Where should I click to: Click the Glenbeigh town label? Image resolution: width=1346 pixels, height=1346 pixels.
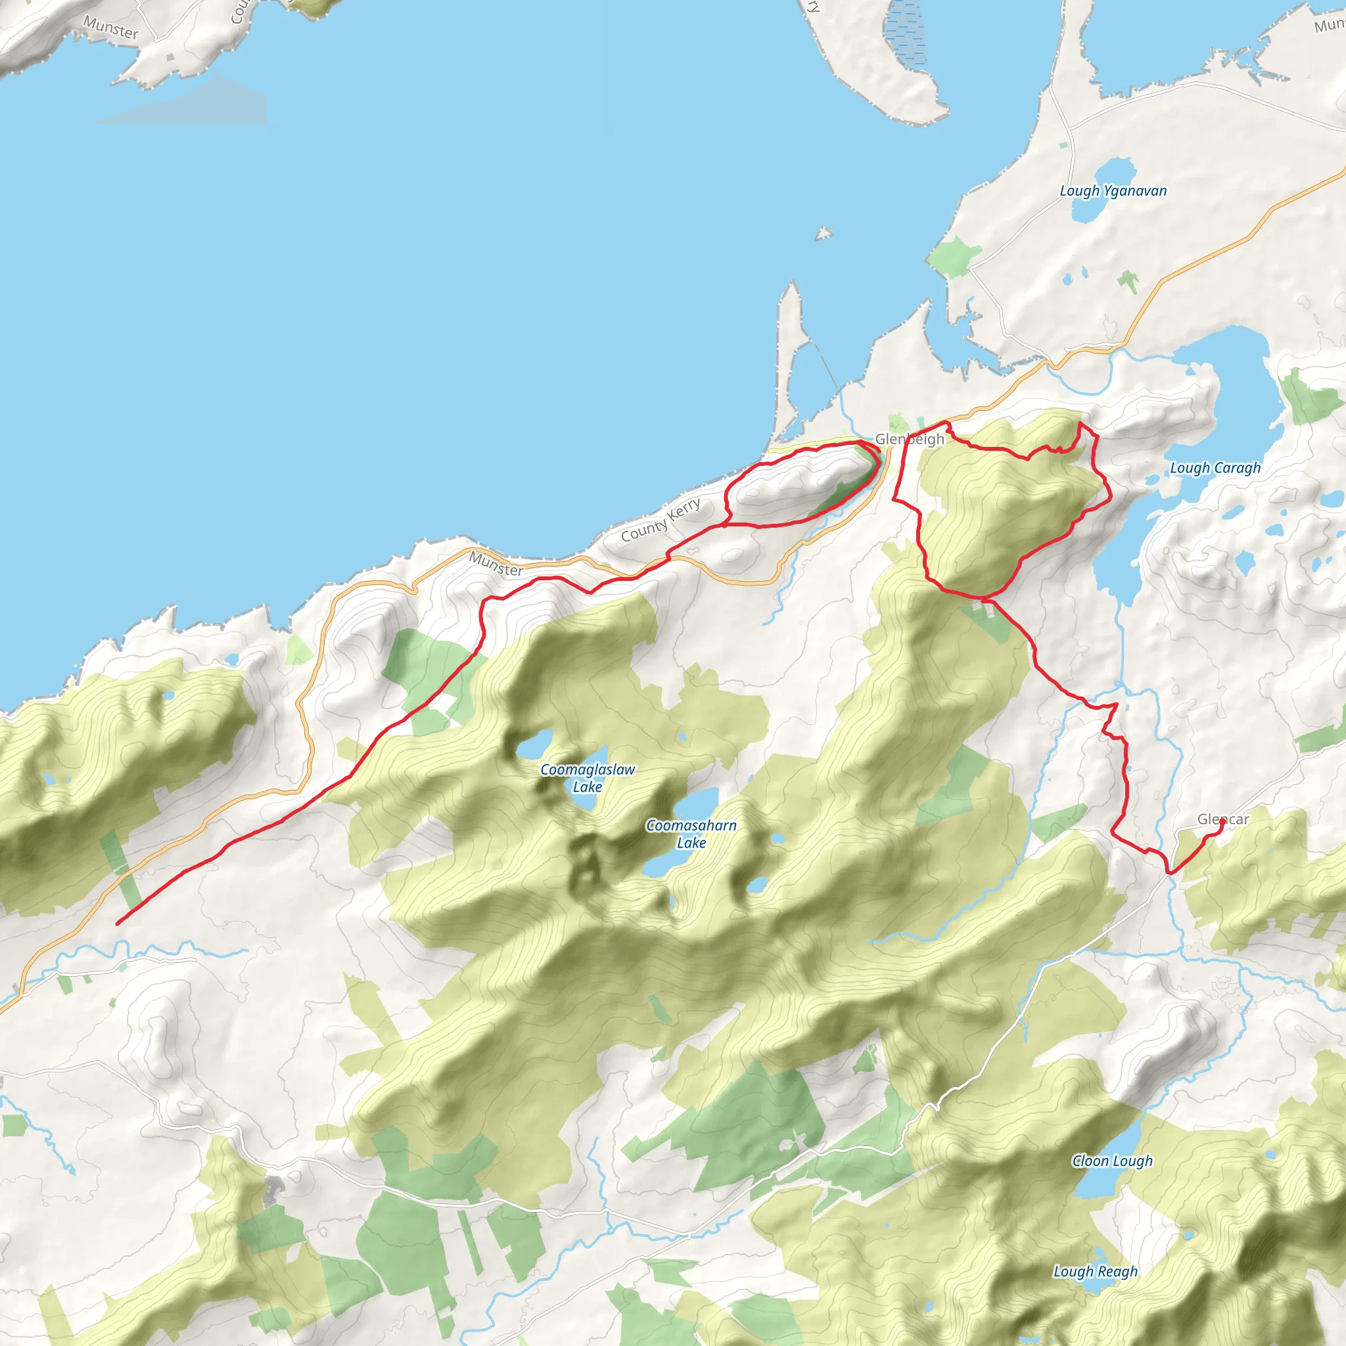pos(909,439)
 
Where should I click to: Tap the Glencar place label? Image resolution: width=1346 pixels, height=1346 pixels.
pos(1222,820)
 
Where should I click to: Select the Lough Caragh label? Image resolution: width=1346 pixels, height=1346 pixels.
pos(1215,467)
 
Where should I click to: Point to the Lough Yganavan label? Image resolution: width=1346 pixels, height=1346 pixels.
pos(1113,190)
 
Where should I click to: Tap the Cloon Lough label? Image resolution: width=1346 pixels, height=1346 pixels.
pos(1112,1161)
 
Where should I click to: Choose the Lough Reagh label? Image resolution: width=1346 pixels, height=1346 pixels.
pos(1095,1272)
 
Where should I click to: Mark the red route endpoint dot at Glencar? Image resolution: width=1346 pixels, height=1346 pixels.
pos(1222,822)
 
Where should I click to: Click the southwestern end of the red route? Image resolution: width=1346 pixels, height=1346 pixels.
pos(117,924)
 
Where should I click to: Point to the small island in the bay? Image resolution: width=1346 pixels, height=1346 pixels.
pos(824,233)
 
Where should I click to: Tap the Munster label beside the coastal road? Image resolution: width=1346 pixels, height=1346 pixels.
pos(496,563)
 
